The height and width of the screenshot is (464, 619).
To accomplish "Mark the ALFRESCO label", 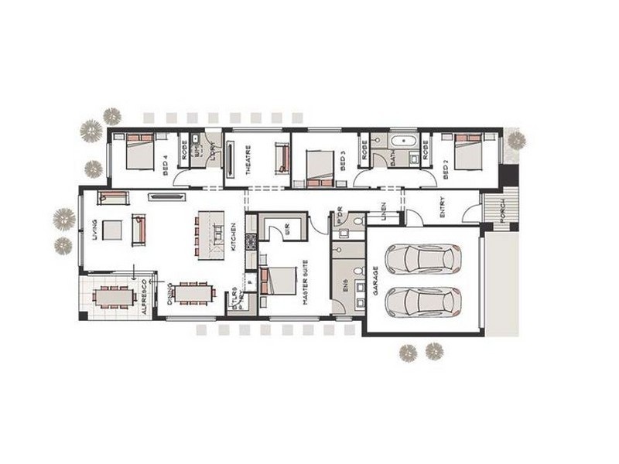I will click(145, 296).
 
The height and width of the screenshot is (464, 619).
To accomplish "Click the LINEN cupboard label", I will click(382, 209).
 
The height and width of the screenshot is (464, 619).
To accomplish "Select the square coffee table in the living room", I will click(112, 230).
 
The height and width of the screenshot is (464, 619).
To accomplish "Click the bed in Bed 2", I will click(470, 150).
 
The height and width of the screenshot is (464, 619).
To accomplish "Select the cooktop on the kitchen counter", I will click(250, 241).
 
